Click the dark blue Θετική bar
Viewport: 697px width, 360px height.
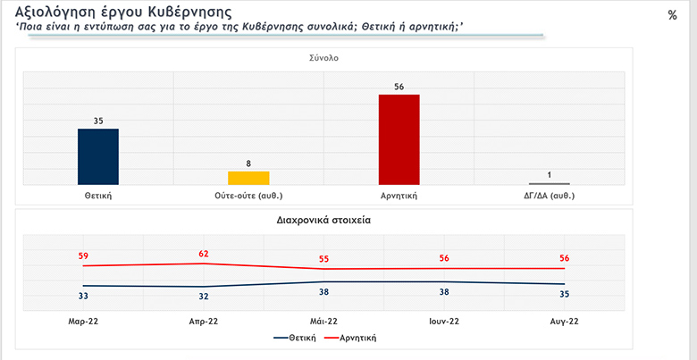coord(98,156)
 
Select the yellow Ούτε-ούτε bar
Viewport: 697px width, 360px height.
coord(248,177)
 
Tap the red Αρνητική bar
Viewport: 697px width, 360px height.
coord(399,138)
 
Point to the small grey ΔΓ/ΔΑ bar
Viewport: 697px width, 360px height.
coord(550,183)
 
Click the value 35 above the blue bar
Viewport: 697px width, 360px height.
coord(98,120)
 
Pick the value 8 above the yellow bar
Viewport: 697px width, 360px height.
coord(248,163)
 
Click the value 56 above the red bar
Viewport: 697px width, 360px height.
coord(399,87)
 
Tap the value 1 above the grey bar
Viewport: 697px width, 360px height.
coord(550,174)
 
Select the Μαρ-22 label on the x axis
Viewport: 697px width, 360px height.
coord(83,321)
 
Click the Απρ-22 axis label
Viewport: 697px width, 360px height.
coord(204,321)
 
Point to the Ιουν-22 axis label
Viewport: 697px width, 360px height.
coord(443,321)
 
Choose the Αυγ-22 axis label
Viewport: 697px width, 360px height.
coord(564,321)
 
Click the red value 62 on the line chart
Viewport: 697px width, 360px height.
coord(204,254)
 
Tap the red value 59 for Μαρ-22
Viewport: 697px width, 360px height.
coord(83,256)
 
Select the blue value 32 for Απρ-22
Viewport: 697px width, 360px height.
coord(204,297)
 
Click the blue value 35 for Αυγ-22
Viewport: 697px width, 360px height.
coord(564,293)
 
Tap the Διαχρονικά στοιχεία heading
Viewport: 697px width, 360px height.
coord(324,219)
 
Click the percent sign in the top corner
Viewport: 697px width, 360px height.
coord(672,15)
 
